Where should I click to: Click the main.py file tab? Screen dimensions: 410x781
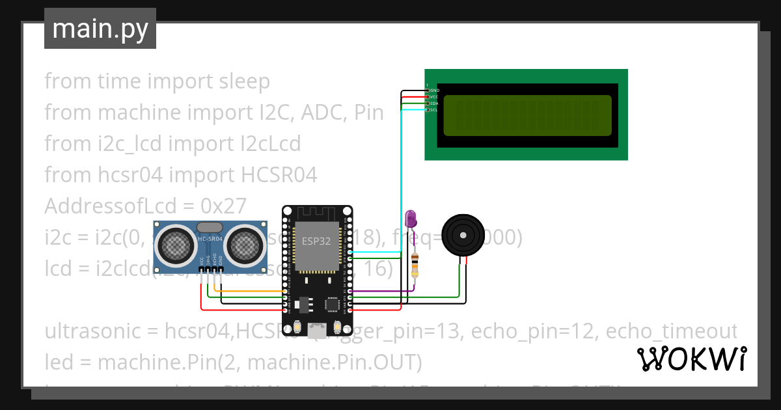click(x=100, y=29)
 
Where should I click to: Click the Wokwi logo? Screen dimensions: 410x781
click(x=691, y=359)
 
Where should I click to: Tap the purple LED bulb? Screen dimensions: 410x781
click(x=410, y=219)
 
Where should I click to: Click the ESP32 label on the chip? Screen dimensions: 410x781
click(x=317, y=241)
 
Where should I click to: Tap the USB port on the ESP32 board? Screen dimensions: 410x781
click(x=317, y=329)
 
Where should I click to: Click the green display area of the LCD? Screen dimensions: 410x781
click(x=527, y=115)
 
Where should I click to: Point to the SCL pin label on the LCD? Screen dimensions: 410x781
click(x=433, y=110)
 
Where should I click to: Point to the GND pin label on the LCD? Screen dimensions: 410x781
click(x=434, y=90)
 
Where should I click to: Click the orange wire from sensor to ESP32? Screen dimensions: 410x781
click(x=247, y=291)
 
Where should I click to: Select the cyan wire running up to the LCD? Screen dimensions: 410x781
click(x=402, y=182)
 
